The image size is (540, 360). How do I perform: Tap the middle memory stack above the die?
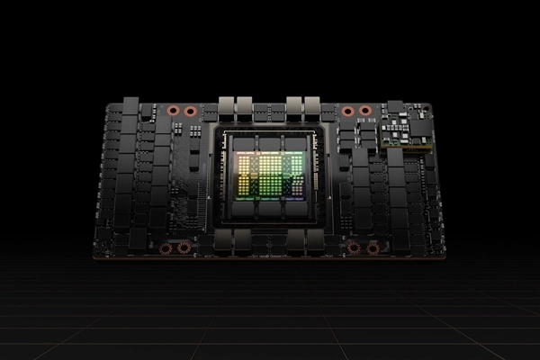coord(269,143)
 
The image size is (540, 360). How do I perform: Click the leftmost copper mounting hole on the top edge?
coord(173,112)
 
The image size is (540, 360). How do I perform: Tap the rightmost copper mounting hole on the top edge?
coord(364,112)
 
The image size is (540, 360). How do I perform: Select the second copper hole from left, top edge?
coord(190,112)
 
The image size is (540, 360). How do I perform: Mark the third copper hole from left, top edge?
coord(347,112)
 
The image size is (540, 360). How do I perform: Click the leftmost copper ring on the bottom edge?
coord(166,247)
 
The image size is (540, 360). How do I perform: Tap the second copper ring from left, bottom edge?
coord(184,247)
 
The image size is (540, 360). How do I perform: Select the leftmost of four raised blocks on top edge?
coord(226,104)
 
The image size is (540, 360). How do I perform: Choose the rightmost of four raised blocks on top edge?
coord(313,104)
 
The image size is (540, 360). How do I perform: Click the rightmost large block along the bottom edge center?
coord(316,240)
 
